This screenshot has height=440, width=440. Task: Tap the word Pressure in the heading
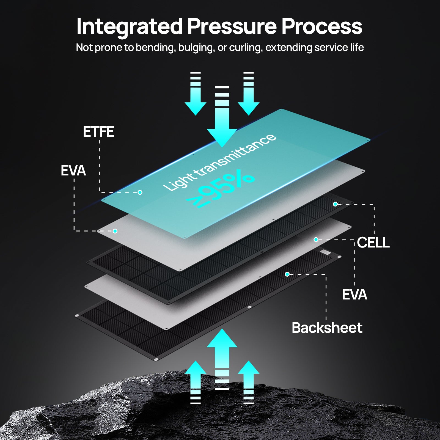(232, 26)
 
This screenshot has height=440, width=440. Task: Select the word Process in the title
(322, 26)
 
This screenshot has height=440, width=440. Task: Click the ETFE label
(98, 132)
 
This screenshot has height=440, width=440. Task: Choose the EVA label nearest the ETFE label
(73, 170)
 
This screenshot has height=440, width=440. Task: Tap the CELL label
(373, 243)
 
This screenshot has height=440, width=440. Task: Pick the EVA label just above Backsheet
(354, 295)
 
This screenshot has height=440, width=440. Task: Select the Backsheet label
(327, 328)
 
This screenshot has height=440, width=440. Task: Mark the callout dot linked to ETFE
(140, 192)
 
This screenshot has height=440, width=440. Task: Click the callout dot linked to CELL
(335, 204)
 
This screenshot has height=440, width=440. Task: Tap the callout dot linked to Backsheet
(287, 274)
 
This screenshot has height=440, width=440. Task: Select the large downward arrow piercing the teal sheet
(222, 117)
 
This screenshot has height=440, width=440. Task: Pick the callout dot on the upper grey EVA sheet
(115, 231)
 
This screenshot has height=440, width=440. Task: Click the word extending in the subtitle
(289, 48)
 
